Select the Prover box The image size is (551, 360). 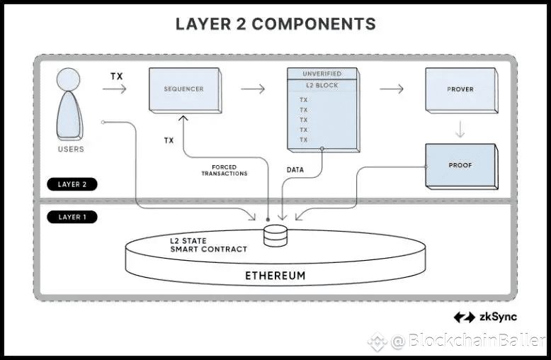460,90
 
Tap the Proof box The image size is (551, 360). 460,165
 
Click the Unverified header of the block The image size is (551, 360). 322,74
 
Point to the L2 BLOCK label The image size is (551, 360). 322,86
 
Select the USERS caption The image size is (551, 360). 71,150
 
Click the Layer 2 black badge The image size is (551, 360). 73,184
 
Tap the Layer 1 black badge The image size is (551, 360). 73,217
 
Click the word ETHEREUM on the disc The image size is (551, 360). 275,275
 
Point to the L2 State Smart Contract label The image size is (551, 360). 208,245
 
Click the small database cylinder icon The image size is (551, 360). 275,236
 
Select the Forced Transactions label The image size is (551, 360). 224,171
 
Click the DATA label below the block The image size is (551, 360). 295,171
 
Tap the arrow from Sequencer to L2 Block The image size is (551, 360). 253,89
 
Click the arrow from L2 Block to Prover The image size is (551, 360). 392,89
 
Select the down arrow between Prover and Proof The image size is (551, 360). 460,129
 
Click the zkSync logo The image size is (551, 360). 485,317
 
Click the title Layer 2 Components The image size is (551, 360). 275,23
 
